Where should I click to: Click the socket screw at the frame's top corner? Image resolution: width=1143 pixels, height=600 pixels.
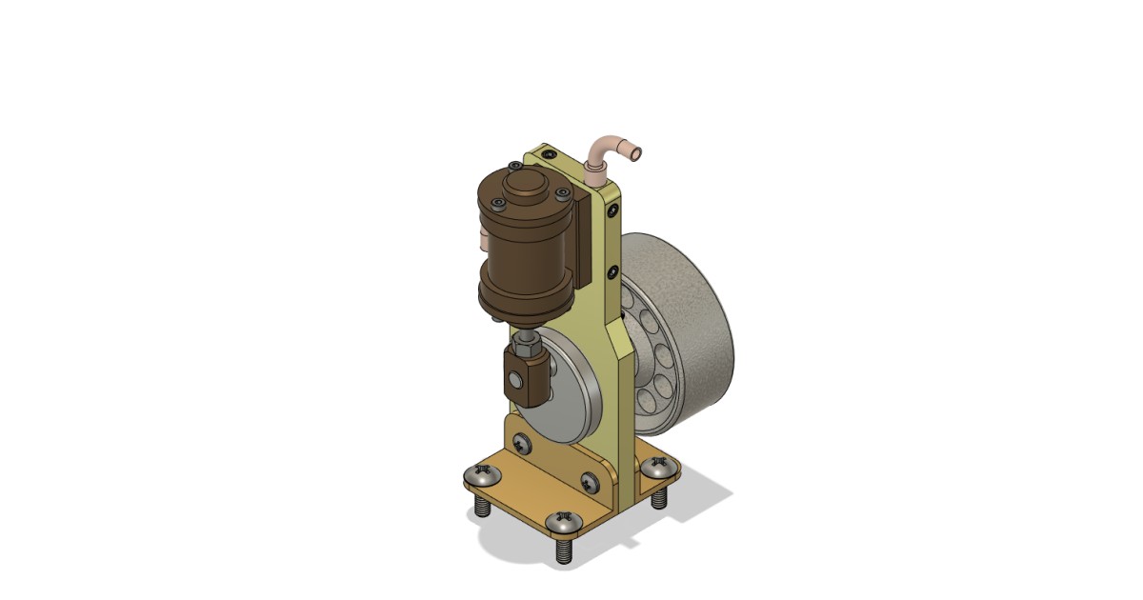click(548, 153)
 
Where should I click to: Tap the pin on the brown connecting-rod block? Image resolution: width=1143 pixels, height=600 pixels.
click(515, 380)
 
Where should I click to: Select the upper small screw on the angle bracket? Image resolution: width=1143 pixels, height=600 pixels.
click(521, 442)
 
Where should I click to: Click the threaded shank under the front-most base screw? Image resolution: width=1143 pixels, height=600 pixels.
click(565, 550)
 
